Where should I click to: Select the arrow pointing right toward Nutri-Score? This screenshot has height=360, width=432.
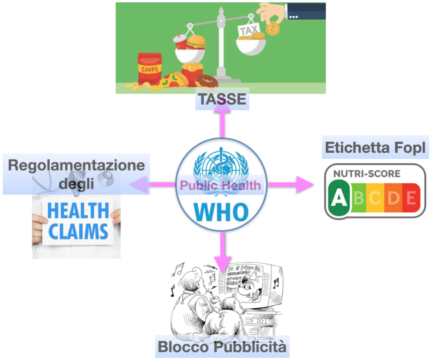point(291,185)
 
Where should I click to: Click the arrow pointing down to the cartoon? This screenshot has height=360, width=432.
point(224,249)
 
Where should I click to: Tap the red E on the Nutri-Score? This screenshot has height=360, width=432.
point(411,198)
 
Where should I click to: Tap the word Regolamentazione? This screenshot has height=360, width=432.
point(76,165)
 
